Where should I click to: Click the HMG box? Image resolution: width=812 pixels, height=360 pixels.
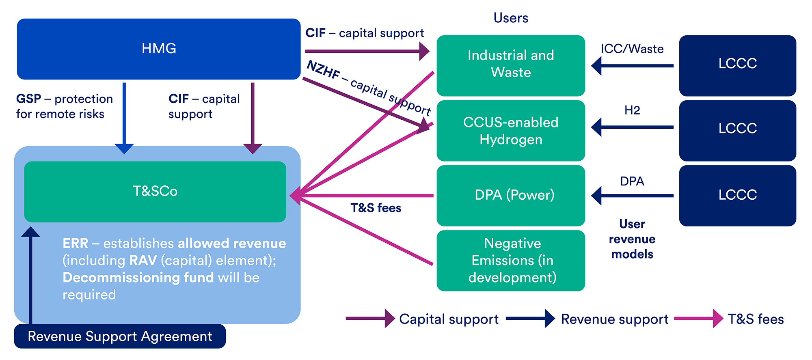pyautogui.click(x=158, y=49)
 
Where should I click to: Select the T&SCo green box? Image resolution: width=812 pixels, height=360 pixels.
pyautogui.click(x=155, y=192)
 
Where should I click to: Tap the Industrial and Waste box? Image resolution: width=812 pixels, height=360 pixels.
pyautogui.click(x=511, y=65)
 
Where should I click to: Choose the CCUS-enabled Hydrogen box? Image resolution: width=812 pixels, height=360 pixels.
pyautogui.click(x=511, y=131)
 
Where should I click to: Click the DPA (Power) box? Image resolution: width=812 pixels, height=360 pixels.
pyautogui.click(x=511, y=196)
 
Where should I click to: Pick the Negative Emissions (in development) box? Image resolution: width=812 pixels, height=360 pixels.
pyautogui.click(x=511, y=261)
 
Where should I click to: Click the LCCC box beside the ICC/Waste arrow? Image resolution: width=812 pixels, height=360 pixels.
pyautogui.click(x=737, y=65)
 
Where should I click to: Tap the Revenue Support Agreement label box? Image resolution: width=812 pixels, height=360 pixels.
pyautogui.click(x=120, y=336)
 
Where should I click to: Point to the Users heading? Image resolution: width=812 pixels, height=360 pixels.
pyautogui.click(x=511, y=18)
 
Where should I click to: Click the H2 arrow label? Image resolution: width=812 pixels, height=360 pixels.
pyautogui.click(x=632, y=110)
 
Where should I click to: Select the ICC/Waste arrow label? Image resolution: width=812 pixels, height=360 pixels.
pyautogui.click(x=632, y=49)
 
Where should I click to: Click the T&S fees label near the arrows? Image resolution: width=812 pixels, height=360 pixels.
pyautogui.click(x=376, y=208)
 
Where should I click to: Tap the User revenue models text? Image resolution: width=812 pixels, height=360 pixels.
pyautogui.click(x=632, y=239)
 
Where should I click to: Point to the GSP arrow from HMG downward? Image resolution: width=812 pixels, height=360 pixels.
pyautogui.click(x=124, y=118)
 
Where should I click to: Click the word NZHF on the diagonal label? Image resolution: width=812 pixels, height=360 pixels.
pyautogui.click(x=323, y=70)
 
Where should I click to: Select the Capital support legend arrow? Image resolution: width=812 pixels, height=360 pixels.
pyautogui.click(x=369, y=319)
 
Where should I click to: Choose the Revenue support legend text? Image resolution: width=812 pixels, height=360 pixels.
pyautogui.click(x=615, y=319)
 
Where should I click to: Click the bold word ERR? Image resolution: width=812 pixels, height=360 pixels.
pyautogui.click(x=75, y=244)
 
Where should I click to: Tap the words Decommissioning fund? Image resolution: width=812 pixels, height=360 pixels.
pyautogui.click(x=138, y=278)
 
